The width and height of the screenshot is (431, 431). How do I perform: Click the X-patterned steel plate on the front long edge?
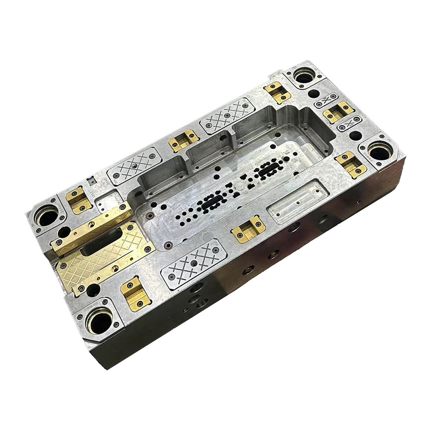194,264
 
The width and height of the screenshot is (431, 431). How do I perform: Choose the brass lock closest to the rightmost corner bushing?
351,164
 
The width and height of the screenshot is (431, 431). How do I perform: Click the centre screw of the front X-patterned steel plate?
194,264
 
